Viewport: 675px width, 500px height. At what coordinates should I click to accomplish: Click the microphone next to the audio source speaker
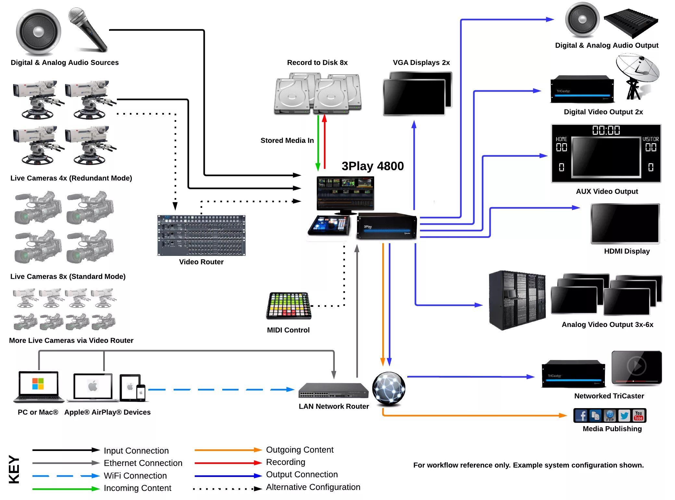[87, 29]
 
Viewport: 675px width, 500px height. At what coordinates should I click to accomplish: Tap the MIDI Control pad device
[288, 305]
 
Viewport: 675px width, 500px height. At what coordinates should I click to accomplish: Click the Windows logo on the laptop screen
[38, 383]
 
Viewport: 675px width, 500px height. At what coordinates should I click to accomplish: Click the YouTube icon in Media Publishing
[638, 416]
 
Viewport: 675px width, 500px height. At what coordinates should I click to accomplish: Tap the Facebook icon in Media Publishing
[581, 416]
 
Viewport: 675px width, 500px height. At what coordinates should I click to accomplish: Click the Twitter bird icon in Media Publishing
[624, 416]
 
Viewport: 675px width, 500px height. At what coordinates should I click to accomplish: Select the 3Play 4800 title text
[373, 166]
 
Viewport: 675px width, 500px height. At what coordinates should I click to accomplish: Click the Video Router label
[201, 262]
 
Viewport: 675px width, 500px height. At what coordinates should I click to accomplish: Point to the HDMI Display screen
[625, 223]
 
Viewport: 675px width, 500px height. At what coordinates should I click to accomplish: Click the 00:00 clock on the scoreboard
[606, 131]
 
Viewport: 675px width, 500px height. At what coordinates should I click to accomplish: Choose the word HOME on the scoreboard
[561, 139]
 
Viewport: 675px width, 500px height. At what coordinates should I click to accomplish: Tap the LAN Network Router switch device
[333, 391]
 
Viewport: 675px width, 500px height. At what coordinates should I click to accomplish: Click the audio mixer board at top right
[631, 23]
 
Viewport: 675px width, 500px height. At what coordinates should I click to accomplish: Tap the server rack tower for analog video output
[517, 300]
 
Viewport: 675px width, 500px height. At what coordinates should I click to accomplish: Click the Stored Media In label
[287, 141]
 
